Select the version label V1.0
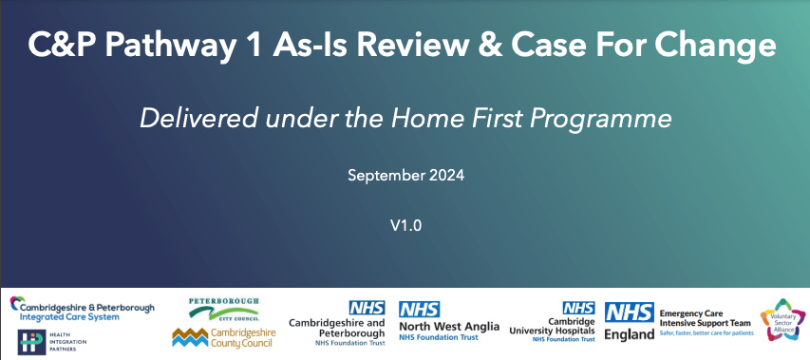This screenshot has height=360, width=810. (405, 226)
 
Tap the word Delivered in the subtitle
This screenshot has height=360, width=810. (198, 119)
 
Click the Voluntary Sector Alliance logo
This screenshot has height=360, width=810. (782, 319)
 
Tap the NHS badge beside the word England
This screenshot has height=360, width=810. (630, 313)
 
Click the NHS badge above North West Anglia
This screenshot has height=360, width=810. (419, 310)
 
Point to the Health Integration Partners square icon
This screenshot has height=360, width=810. (31, 342)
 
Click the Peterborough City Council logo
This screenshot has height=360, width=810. (224, 309)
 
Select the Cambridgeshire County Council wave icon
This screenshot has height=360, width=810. (190, 337)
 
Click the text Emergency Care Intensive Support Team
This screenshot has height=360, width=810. (705, 317)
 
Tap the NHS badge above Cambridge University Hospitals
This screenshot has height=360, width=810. (578, 308)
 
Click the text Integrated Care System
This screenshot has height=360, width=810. (69, 317)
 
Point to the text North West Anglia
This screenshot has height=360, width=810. (449, 327)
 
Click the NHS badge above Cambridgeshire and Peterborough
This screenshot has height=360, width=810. (367, 308)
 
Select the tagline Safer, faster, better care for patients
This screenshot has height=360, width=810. (706, 333)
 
